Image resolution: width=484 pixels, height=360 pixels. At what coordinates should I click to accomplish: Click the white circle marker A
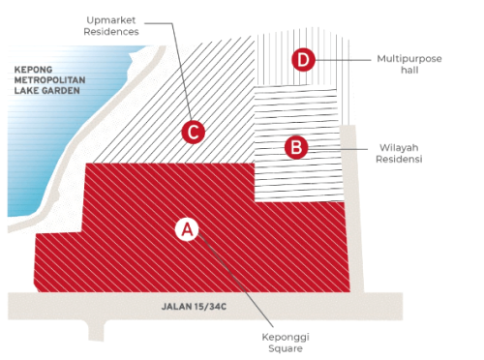(x=187, y=229)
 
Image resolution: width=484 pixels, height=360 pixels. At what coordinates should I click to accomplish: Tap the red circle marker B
(x=296, y=147)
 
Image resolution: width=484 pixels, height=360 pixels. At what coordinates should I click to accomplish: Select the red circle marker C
(x=193, y=132)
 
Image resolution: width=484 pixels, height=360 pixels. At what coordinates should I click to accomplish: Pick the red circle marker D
(x=303, y=60)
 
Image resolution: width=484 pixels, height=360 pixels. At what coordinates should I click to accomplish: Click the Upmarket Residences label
(x=111, y=26)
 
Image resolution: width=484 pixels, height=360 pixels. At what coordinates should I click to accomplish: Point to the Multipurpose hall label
(x=409, y=64)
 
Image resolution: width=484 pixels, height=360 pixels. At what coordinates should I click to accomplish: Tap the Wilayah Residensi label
(x=399, y=153)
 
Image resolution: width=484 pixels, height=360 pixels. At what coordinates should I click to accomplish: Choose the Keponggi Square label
(x=286, y=343)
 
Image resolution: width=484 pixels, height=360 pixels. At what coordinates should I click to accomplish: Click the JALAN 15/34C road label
(x=194, y=306)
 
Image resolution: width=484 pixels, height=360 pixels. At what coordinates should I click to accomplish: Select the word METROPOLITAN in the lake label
(x=50, y=80)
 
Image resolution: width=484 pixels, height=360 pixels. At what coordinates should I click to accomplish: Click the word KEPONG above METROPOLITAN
(x=33, y=70)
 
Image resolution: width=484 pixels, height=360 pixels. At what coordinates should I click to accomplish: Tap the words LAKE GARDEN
(x=47, y=90)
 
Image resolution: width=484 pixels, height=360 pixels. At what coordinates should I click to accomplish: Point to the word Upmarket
(x=111, y=20)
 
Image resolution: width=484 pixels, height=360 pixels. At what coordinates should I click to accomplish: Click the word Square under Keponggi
(x=286, y=348)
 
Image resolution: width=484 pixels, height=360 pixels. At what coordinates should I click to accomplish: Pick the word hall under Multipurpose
(x=409, y=70)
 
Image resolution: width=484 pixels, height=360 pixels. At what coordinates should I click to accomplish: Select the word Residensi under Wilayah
(x=399, y=159)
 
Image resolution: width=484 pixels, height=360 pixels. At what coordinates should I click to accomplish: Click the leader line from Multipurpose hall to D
(x=343, y=60)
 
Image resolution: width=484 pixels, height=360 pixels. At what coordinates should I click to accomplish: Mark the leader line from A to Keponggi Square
(x=235, y=280)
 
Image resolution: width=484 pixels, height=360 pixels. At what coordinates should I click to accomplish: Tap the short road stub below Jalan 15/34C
(x=97, y=330)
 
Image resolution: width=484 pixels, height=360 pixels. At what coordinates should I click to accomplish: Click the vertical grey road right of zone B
(x=351, y=209)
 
